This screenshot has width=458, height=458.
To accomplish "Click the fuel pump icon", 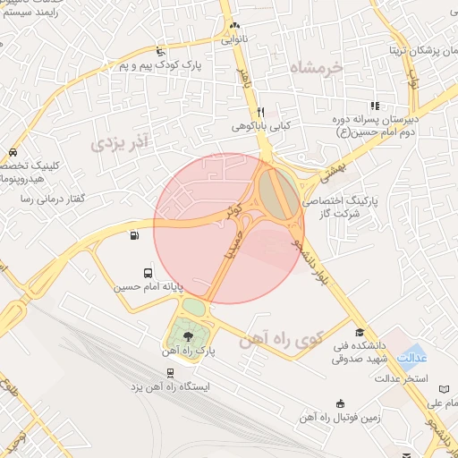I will tap(134, 236).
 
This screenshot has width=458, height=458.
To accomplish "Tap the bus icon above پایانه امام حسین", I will tap(148, 273).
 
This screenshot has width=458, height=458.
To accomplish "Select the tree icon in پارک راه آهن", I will tap(188, 336).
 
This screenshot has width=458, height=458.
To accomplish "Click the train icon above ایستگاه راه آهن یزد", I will tap(171, 371).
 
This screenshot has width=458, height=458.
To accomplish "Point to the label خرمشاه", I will tap(318, 67).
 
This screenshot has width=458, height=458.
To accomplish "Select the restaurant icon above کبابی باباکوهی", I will tap(260, 112).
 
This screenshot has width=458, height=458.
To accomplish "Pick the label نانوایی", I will tap(236, 40).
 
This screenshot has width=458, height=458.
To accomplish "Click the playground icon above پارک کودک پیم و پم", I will tap(160, 51).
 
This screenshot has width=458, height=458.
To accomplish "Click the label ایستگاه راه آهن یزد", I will tap(170, 386).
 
